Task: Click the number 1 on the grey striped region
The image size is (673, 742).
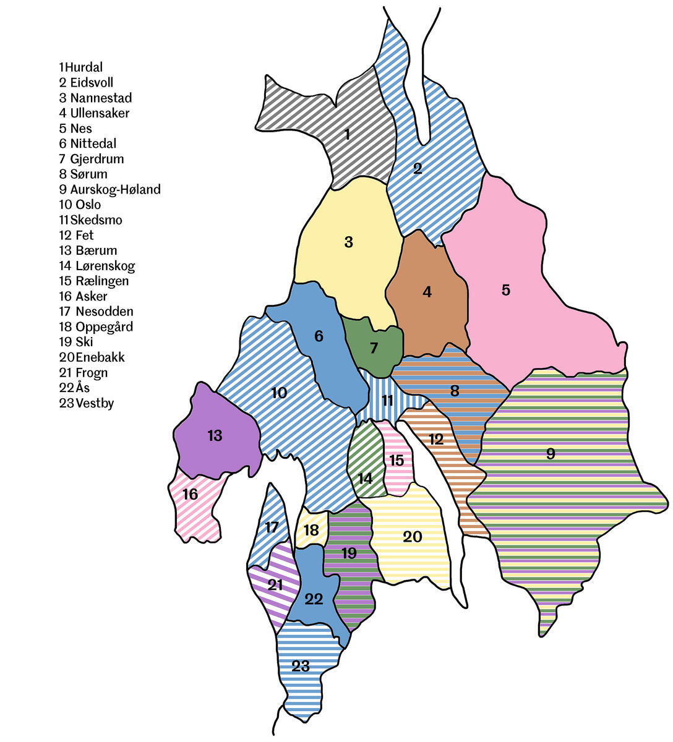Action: [347, 134]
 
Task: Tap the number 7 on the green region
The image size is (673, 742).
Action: [374, 348]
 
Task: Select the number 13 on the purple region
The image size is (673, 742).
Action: [215, 436]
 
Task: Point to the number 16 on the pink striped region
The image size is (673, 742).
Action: [190, 494]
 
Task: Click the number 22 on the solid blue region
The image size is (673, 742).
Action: [314, 599]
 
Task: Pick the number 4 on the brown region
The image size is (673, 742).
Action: [427, 292]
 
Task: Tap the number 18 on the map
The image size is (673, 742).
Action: [311, 530]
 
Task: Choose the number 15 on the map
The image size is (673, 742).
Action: [396, 460]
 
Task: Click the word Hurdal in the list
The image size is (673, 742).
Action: [84, 67]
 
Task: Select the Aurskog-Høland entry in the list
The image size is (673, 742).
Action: [115, 189]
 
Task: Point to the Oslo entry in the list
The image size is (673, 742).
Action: [88, 205]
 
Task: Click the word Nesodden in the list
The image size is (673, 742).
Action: [104, 312]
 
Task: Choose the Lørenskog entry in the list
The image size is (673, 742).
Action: [105, 266]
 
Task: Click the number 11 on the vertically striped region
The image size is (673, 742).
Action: [387, 400]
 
